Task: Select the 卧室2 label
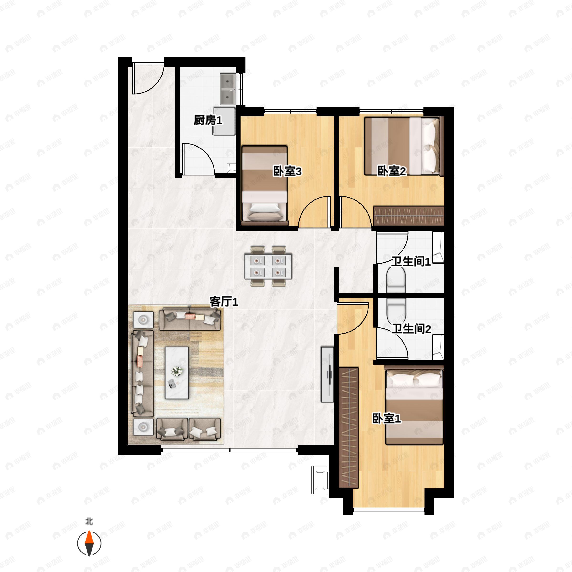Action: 392,171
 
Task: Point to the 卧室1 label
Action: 387,419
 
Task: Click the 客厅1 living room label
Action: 224,302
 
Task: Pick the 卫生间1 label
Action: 411,262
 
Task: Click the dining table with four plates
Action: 268,266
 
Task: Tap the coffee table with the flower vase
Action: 177,373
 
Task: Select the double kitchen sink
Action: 228,89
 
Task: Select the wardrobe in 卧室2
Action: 409,216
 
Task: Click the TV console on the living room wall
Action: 327,374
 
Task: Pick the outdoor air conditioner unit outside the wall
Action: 320,480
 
